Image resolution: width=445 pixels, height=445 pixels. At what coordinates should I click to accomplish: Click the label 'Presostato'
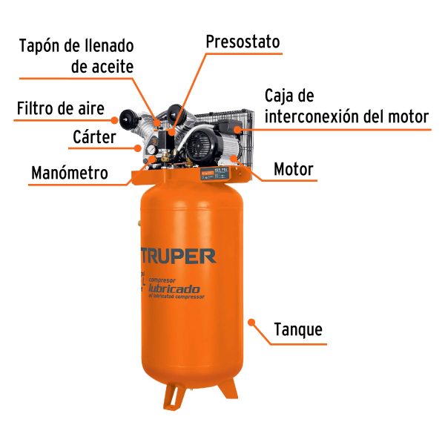click(243, 42)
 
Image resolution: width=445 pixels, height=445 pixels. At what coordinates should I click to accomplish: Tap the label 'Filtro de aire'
click(61, 108)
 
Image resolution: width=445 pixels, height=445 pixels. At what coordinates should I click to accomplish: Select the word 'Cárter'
click(94, 137)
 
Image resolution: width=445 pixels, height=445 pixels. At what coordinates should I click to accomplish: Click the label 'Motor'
click(294, 170)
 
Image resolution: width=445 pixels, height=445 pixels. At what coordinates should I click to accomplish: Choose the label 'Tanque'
click(298, 329)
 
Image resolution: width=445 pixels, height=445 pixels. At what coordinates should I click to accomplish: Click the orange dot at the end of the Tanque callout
click(252, 323)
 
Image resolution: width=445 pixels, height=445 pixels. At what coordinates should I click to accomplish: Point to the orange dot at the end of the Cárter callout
click(138, 148)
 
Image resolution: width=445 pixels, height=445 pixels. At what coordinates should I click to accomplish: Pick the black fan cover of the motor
click(198, 145)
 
